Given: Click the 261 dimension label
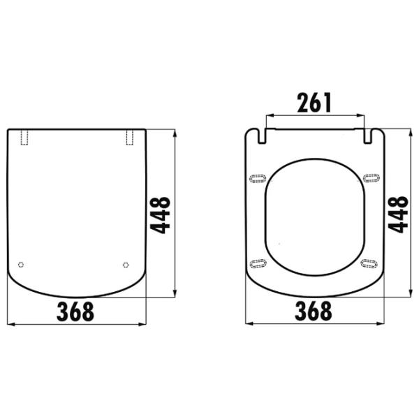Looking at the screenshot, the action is tap(314, 103).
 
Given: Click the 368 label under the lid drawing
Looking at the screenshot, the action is tap(75, 311).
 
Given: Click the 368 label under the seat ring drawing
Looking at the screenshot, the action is tap(314, 311).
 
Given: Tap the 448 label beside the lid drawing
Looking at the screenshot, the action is tap(160, 215).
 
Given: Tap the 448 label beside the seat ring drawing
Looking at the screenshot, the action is tap(398, 214).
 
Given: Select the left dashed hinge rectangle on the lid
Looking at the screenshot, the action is tap(24, 138).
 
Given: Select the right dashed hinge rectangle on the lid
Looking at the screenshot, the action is tap(130, 138).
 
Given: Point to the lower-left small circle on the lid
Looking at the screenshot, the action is tap(21, 265).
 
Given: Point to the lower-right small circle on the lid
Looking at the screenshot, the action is tap(126, 265).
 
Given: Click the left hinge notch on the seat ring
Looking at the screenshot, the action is tap(262, 136).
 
